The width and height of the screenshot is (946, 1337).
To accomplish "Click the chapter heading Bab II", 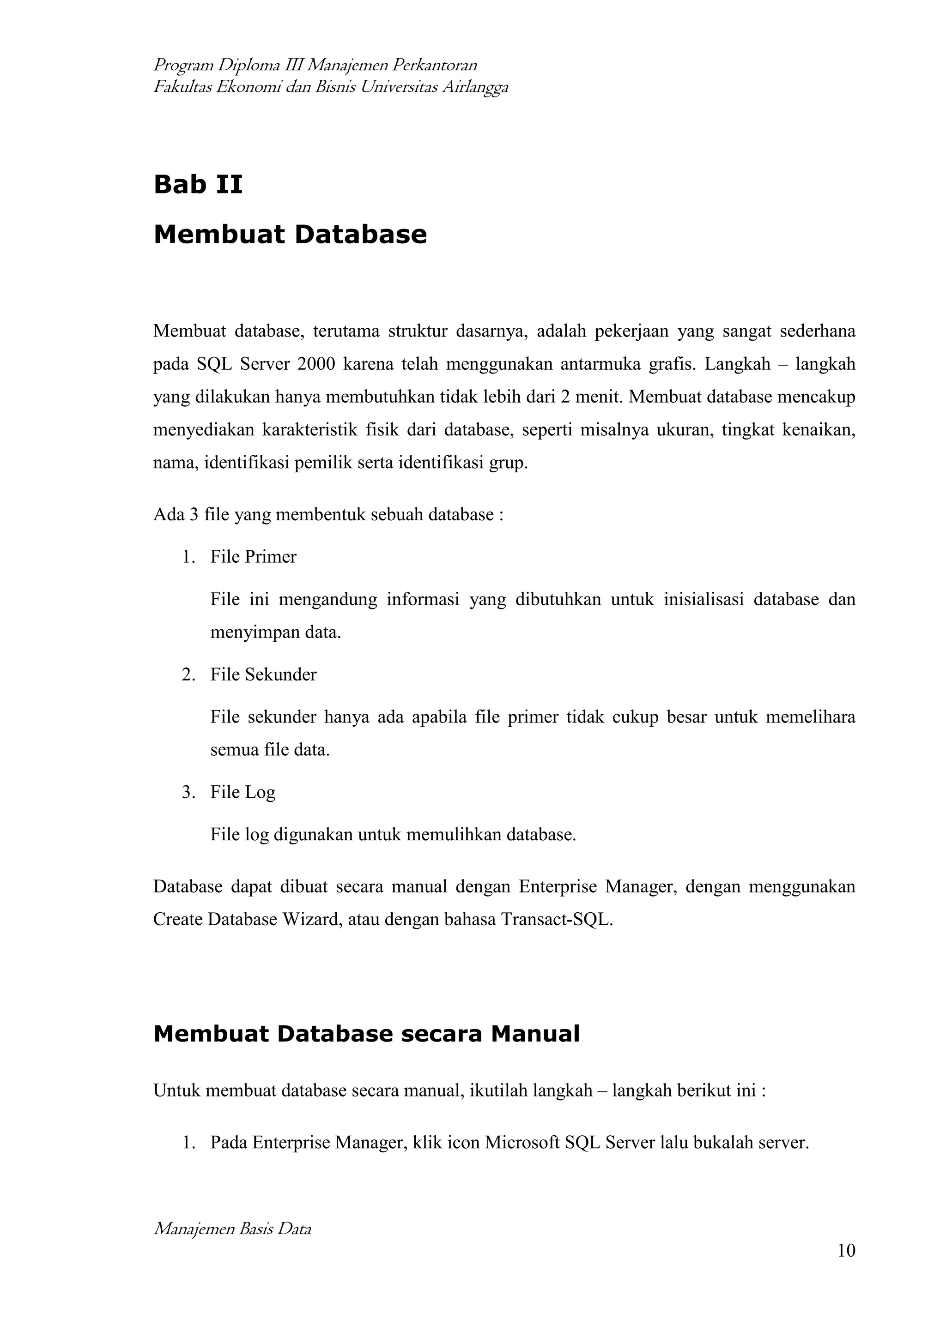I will [198, 185].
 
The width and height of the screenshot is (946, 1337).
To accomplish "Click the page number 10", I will [846, 1250].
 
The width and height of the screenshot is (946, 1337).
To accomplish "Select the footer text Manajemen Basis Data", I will [232, 1229].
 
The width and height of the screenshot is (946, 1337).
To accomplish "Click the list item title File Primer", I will [254, 557].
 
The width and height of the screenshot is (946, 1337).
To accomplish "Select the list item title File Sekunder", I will [263, 675].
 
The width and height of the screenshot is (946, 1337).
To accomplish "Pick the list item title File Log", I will [243, 793].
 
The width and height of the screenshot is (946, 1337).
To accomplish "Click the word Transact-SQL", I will [556, 920].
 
